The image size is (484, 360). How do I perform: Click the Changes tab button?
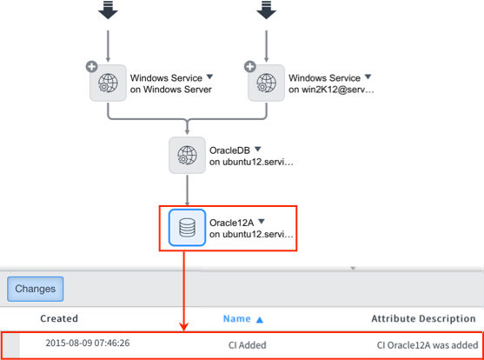[35, 289]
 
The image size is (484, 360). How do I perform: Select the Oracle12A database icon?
[187, 228]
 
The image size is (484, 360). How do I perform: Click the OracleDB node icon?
[187, 155]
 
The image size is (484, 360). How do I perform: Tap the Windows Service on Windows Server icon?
[108, 83]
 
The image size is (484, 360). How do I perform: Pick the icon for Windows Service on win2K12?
[267, 83]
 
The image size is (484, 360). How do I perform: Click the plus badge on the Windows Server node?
[92, 66]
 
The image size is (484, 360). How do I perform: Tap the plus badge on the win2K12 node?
[250, 66]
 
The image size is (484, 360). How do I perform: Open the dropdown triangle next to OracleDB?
[258, 150]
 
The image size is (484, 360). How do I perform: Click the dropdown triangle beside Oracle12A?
[262, 221]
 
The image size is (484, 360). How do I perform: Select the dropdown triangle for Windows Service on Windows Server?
[209, 77]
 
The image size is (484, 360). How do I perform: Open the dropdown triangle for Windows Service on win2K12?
[368, 77]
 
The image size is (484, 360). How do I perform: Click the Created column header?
[59, 318]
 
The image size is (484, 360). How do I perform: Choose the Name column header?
[236, 318]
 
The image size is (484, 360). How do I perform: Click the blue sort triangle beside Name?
[260, 319]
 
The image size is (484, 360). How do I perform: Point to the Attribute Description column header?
[423, 318]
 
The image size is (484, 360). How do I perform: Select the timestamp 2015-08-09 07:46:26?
[88, 343]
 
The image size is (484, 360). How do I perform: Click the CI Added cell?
[248, 345]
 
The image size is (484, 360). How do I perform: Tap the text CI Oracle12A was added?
[428, 345]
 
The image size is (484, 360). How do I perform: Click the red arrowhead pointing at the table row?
[184, 327]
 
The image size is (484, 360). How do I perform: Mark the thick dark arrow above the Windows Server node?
[108, 10]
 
